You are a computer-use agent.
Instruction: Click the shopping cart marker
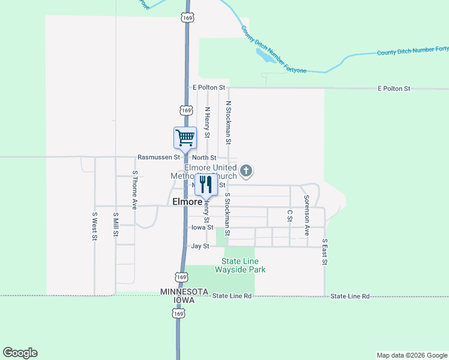(x=185, y=138)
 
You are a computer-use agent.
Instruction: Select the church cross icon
(x=246, y=172)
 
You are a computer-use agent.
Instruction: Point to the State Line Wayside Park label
(x=243, y=265)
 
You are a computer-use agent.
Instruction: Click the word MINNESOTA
(x=184, y=292)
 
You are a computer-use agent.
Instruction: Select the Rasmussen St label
(x=158, y=157)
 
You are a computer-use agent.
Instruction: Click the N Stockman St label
(x=228, y=122)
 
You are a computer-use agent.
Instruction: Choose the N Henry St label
(x=207, y=122)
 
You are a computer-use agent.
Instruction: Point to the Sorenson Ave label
(x=306, y=215)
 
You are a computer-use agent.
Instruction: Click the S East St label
(x=325, y=252)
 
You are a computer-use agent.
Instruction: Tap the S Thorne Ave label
(x=135, y=190)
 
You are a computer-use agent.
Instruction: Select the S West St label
(x=95, y=226)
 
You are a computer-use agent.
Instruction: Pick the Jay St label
(x=200, y=246)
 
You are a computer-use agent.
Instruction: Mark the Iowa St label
(x=202, y=227)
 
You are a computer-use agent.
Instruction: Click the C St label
(x=289, y=215)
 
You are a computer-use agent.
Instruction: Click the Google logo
(x=20, y=353)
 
